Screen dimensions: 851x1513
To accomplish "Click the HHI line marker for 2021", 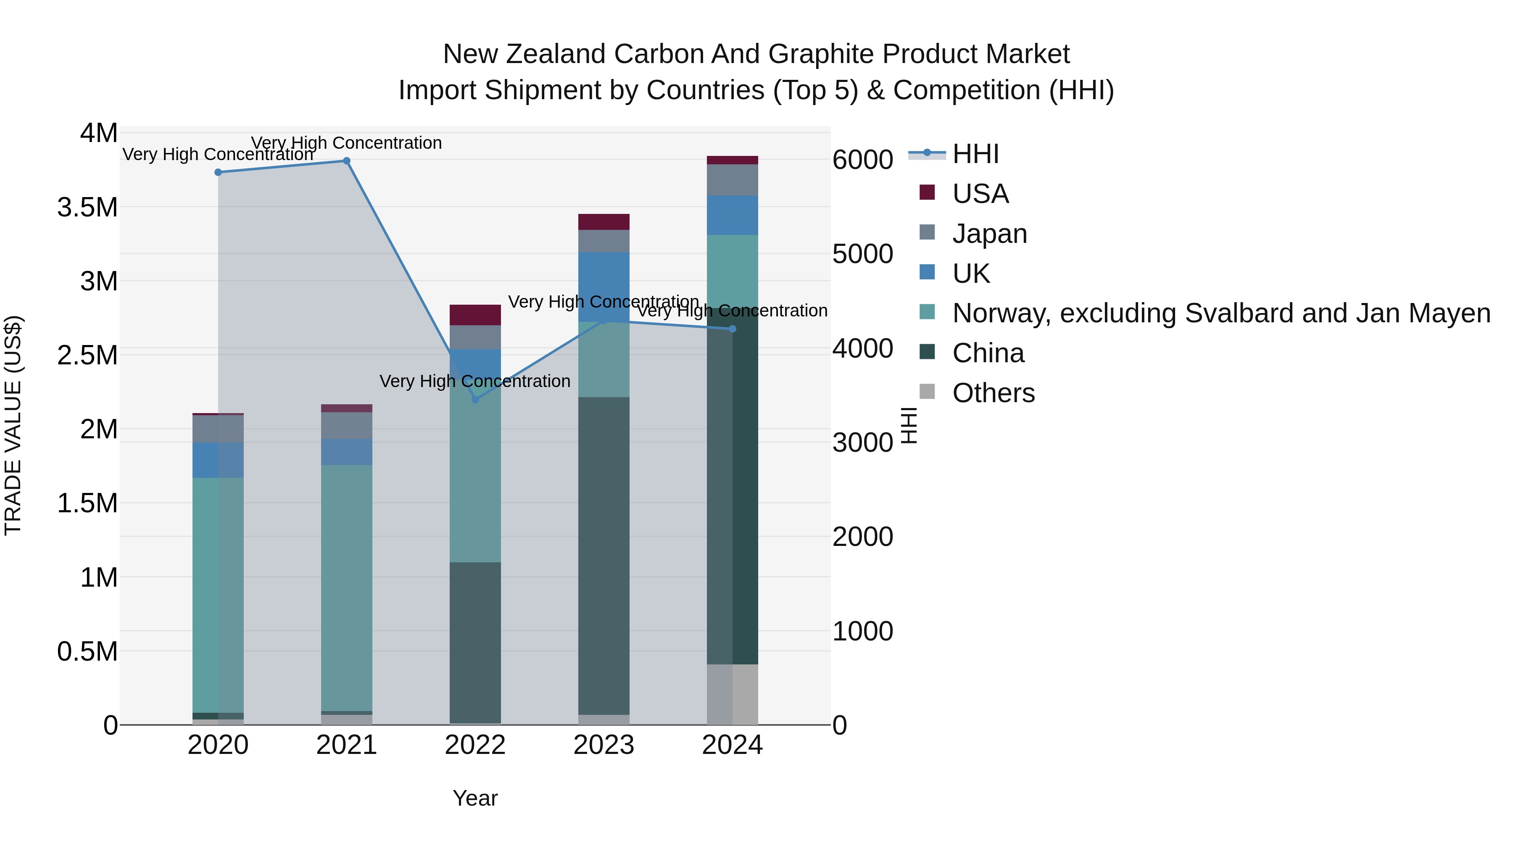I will [x=347, y=161].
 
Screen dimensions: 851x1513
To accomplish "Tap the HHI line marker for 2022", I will [x=475, y=399].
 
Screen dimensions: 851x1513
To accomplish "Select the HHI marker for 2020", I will [x=218, y=172].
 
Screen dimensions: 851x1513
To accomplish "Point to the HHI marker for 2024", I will [x=733, y=329].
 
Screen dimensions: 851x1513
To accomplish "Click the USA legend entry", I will [x=980, y=194].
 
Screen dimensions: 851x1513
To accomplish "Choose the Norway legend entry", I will [x=1220, y=313].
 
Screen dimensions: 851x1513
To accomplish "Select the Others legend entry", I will [x=993, y=393].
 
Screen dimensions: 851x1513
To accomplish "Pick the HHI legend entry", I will [x=975, y=154].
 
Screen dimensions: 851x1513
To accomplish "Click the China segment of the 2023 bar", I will [x=604, y=555].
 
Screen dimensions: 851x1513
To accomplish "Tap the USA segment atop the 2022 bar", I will [x=475, y=315].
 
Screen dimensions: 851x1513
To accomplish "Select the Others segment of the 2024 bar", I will [x=733, y=694].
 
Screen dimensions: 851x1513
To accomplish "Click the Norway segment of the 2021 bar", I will [x=347, y=588].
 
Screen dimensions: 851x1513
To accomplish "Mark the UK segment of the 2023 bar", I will [x=604, y=286].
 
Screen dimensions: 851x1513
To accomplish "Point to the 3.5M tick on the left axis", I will [x=87, y=207].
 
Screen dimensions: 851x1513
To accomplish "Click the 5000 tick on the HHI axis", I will [x=862, y=254].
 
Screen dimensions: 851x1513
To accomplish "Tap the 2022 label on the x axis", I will [x=475, y=745].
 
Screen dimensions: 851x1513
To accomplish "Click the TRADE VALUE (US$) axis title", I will [x=13, y=425].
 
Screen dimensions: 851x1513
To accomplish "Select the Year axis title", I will [x=475, y=798].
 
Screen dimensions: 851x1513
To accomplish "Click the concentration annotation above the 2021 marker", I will [x=347, y=143].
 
